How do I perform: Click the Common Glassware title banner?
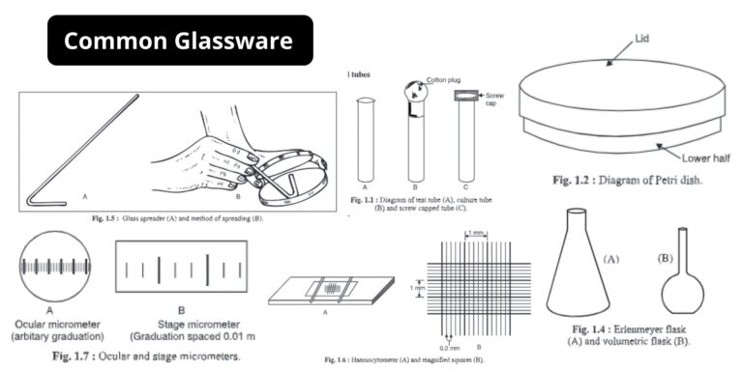click(180, 41)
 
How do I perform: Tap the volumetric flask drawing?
click(680, 276)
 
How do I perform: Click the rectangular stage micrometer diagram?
click(181, 265)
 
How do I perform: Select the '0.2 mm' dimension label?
click(448, 340)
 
